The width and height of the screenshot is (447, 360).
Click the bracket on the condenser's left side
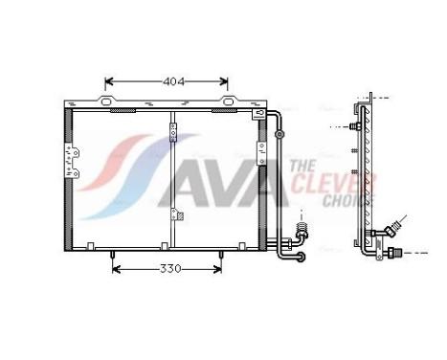70,152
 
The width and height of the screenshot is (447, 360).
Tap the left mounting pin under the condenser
113,255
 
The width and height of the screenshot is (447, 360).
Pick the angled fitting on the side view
391,230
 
